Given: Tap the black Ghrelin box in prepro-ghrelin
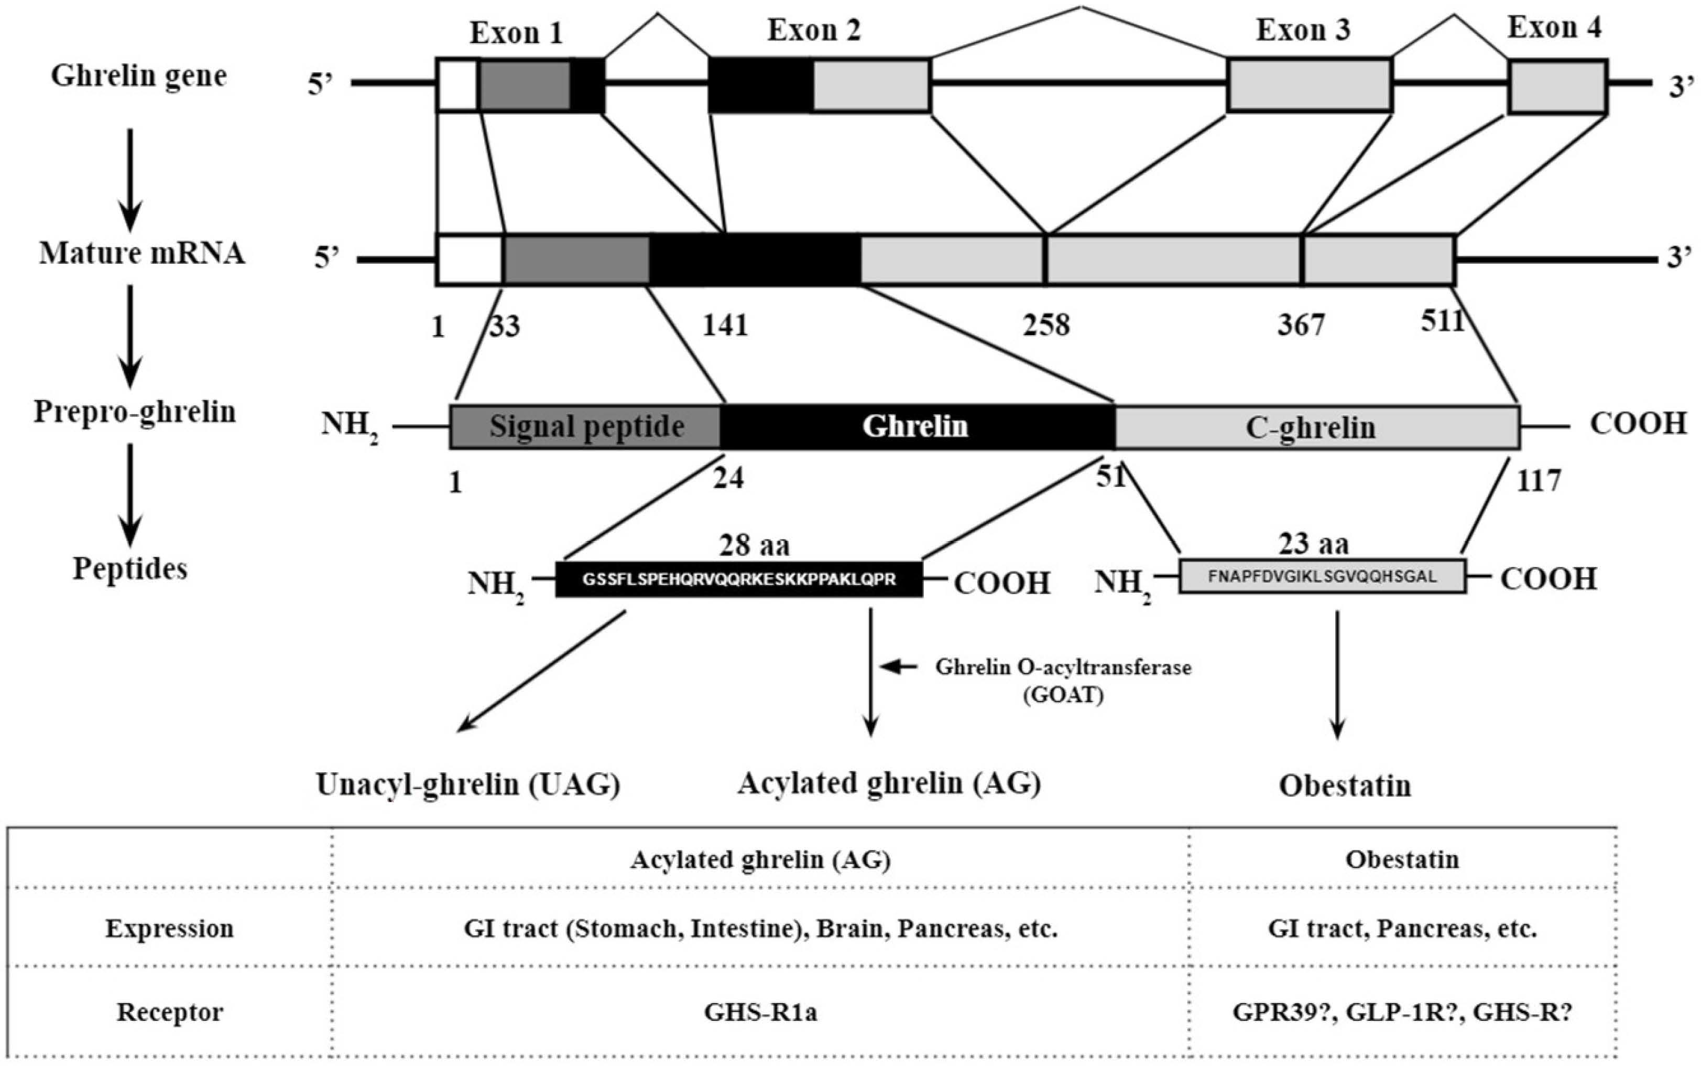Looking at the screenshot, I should tap(916, 426).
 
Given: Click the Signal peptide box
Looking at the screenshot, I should tap(585, 426).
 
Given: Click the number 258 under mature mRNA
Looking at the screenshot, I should tap(1046, 325).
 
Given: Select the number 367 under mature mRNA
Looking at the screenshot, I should tap(1301, 325).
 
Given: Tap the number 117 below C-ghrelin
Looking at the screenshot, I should tap(1538, 481).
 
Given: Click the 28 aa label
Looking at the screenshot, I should tap(754, 545).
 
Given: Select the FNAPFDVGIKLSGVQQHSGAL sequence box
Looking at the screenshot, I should tap(1322, 577).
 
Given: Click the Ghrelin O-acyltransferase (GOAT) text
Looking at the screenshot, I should tap(1063, 681).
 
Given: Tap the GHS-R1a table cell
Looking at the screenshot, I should tap(760, 1013).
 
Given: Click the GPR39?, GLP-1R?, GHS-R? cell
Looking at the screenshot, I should tap(1402, 1013).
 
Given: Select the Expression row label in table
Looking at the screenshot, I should tap(169, 929).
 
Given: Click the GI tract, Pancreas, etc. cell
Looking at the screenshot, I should tap(1402, 929).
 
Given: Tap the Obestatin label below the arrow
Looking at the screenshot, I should tap(1345, 785).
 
